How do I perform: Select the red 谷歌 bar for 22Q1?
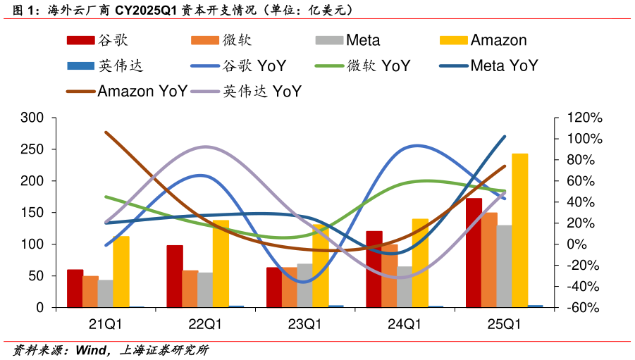point(175,276)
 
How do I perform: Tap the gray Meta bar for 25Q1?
point(505,266)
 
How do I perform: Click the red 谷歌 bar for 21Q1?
point(75,288)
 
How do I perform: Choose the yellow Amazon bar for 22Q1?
point(221,263)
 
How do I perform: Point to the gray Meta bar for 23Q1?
point(305,285)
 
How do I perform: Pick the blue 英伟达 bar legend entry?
point(105,66)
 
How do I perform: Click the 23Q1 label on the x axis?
point(305,325)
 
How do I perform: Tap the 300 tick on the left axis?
point(32,118)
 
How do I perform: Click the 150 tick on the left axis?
point(32,213)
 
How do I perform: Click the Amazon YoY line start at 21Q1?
point(106,132)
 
